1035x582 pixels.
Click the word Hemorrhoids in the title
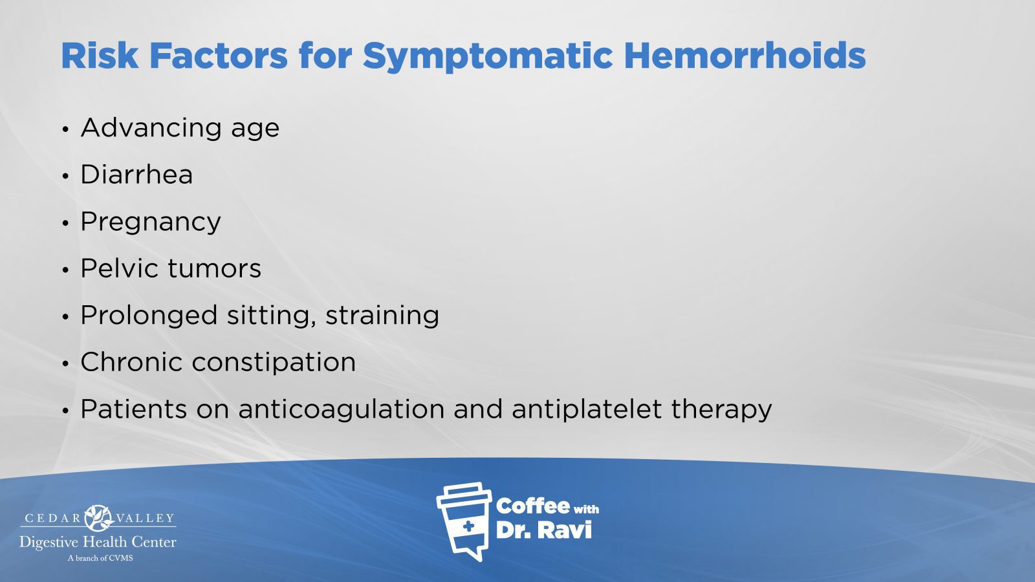745,56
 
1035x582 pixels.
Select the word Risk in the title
100,56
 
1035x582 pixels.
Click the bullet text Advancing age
180,128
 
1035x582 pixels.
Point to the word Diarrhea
136,175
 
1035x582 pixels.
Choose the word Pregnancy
151,222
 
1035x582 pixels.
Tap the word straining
382,316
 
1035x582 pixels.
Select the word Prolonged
149,316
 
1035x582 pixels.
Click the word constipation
274,363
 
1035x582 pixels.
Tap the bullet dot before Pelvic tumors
65,269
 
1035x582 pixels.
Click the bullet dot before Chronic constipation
65,363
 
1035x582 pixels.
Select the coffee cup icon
464,521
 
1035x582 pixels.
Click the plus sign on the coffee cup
468,526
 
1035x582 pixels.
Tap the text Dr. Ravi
543,530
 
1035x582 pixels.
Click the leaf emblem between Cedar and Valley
98,518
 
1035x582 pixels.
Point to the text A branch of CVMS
100,558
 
